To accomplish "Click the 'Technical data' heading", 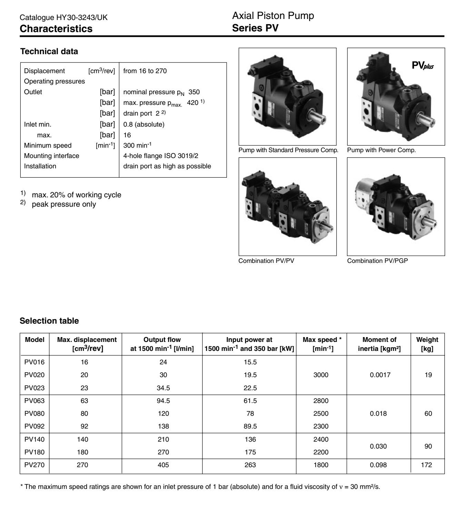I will [49, 51].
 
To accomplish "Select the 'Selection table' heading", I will [49, 321].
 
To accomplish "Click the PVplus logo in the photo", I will [423, 65].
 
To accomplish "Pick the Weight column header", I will [427, 344].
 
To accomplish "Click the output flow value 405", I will [163, 465].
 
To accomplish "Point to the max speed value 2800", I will [321, 401].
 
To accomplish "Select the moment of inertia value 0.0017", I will [380, 375].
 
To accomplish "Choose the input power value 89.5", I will [250, 426].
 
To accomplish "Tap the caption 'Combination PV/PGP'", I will [377, 261].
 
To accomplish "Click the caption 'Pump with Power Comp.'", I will [381, 150].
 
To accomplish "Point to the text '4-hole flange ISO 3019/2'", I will [161, 156].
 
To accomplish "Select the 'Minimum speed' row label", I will [48, 145].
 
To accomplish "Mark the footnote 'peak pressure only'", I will [64, 204].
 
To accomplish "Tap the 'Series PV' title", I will [255, 28].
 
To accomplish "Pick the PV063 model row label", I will [34, 401].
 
